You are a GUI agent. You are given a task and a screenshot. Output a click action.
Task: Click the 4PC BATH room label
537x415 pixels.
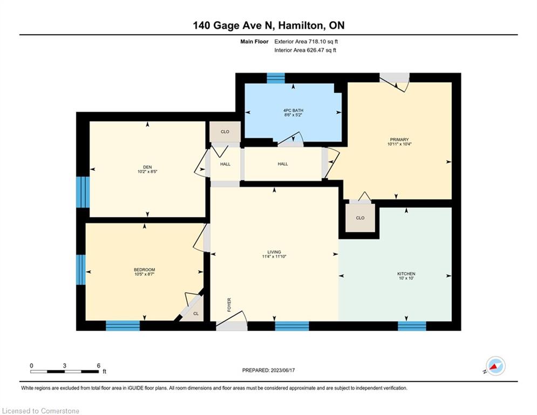293,110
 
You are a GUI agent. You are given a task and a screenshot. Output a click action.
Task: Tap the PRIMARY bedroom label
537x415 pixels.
399,139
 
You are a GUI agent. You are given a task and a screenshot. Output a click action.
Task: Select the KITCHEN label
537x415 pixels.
406,273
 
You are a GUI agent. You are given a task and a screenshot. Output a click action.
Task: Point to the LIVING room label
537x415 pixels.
274,252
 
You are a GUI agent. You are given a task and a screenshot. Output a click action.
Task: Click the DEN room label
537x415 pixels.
147,167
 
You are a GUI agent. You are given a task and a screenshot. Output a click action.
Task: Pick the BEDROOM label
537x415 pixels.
145,270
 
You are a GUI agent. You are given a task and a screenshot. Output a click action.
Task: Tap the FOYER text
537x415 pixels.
229,305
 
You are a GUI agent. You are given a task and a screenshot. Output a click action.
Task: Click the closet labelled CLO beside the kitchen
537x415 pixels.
360,218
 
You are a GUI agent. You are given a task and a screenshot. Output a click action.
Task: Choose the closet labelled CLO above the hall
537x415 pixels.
225,132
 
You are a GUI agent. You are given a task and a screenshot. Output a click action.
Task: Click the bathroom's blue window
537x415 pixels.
276,78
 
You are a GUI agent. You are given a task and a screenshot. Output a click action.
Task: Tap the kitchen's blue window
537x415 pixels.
412,326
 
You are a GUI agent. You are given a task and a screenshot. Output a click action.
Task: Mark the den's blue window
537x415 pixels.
83,192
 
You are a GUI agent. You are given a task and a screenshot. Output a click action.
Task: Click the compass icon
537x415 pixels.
495,366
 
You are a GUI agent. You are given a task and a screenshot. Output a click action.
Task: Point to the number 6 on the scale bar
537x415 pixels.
99,366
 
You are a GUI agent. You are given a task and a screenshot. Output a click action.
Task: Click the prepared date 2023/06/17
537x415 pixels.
283,370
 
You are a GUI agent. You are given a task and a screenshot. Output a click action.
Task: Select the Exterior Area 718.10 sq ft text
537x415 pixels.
306,42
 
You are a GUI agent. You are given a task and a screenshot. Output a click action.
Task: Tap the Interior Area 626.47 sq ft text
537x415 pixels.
305,50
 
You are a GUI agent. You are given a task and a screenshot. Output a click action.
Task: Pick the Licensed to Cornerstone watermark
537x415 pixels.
40,411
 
